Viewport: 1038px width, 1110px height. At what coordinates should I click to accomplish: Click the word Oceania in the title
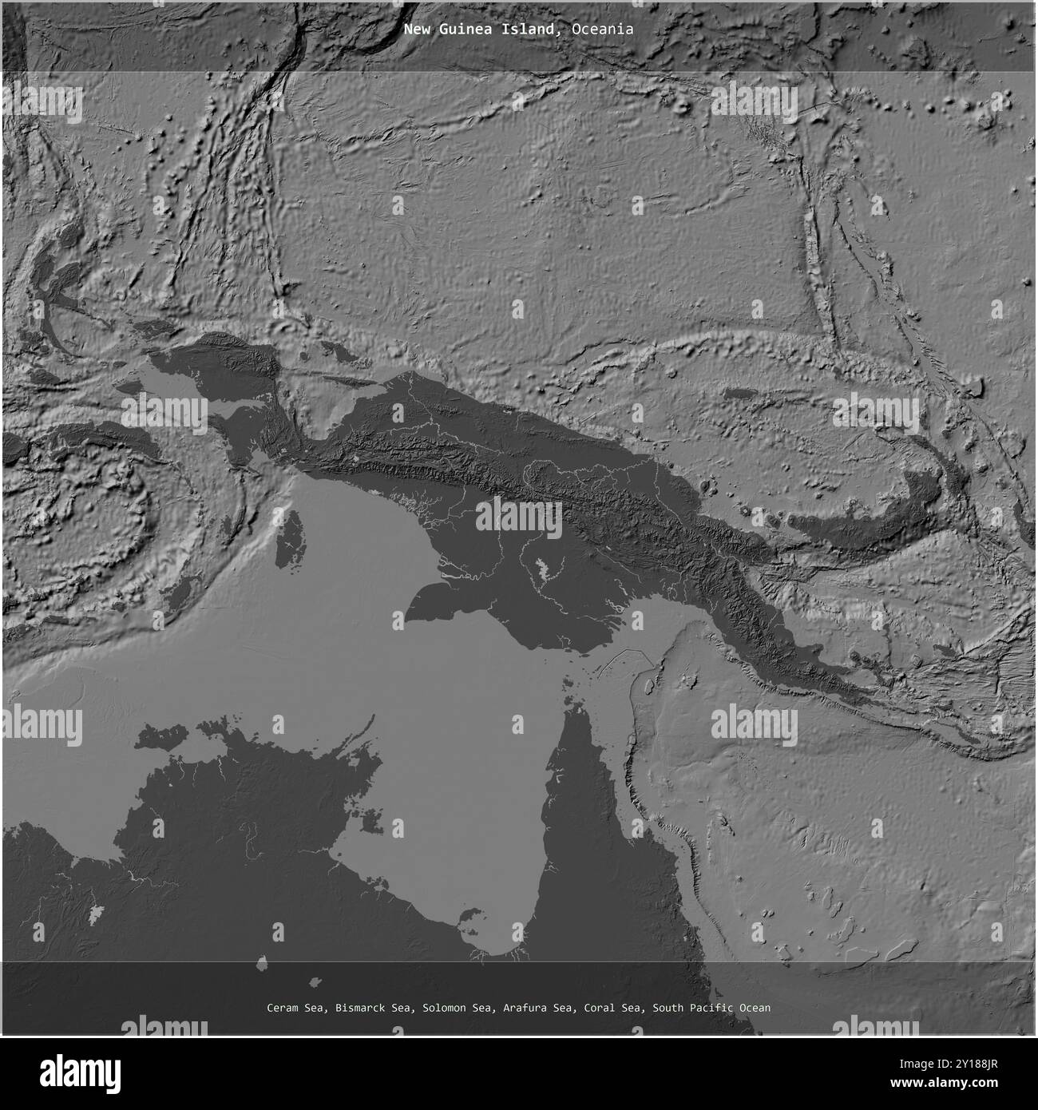(x=602, y=30)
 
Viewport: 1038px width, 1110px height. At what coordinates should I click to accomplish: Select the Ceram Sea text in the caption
(x=296, y=1008)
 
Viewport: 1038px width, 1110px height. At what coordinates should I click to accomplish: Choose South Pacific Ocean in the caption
(x=711, y=1008)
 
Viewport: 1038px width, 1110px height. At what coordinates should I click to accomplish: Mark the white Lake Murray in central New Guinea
(x=545, y=569)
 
